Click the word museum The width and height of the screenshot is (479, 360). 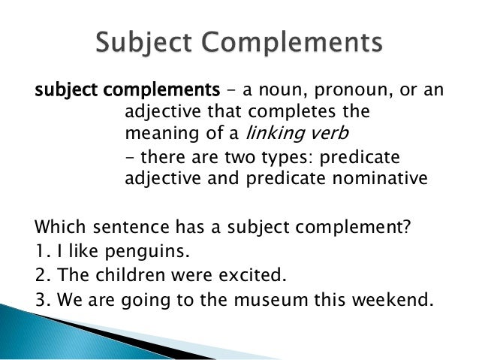(x=272, y=299)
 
